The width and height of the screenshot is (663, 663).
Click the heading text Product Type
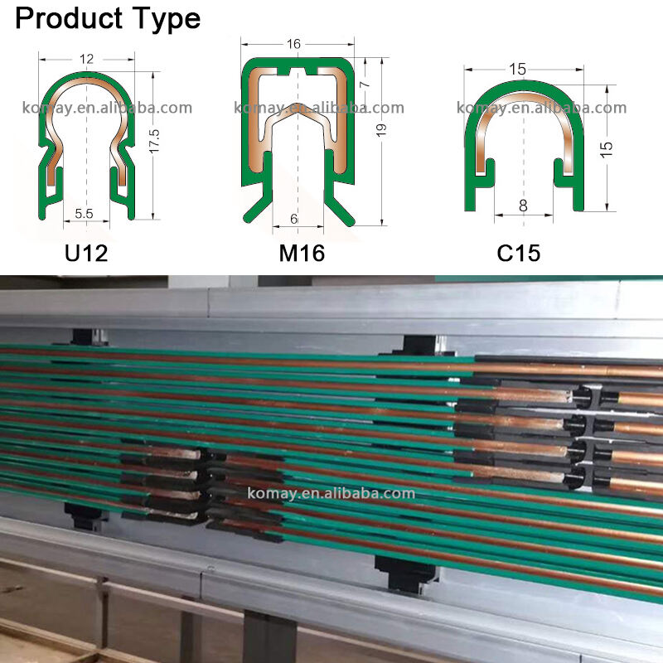pyautogui.click(x=108, y=18)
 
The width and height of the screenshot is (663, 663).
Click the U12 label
pyautogui.click(x=86, y=253)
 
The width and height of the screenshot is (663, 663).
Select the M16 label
pyautogui.click(x=302, y=253)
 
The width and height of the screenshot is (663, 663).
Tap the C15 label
pyautogui.click(x=519, y=253)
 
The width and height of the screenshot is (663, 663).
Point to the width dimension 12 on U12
pyautogui.click(x=86, y=59)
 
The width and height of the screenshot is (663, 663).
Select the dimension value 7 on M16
pyautogui.click(x=363, y=84)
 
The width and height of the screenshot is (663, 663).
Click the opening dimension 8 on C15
pyautogui.click(x=523, y=206)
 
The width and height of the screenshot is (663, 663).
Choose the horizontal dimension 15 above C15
pyautogui.click(x=518, y=70)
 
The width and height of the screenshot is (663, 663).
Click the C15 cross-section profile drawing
pyautogui.click(x=523, y=141)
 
